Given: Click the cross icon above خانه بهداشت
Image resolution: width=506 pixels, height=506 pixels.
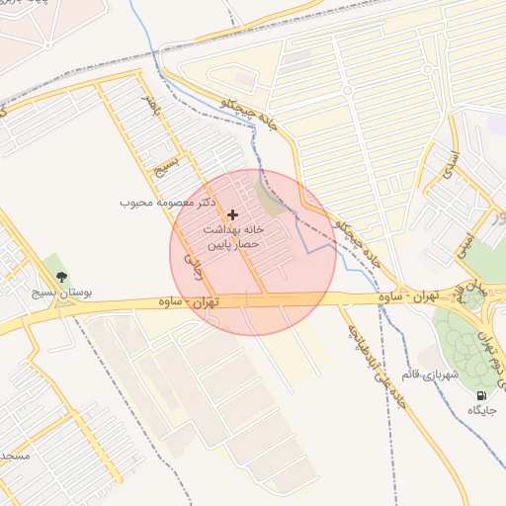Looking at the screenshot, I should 233,214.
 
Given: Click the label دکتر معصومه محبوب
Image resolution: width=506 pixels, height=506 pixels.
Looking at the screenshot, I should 167,203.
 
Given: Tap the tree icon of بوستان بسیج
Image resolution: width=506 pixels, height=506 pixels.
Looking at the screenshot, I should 62,278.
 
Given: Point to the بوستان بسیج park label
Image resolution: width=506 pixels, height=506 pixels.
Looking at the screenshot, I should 60,294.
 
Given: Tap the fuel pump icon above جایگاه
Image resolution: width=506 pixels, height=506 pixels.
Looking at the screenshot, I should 481,395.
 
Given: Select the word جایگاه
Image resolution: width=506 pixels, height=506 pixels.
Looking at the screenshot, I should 481,409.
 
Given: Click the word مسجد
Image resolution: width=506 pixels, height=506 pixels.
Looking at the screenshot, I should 14,457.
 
